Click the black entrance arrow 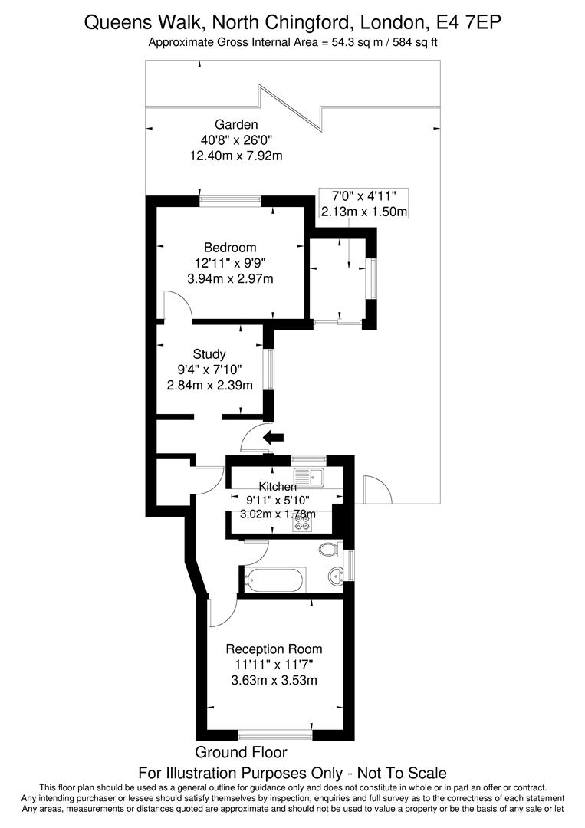(x=273, y=438)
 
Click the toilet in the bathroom (x=328, y=549)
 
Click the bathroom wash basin (x=334, y=575)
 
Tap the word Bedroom (x=230, y=248)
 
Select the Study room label (x=209, y=354)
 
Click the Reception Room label (x=274, y=649)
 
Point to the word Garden (x=236, y=124)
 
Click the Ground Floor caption (x=241, y=752)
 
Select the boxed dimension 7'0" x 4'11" (x=364, y=196)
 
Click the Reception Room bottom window (x=275, y=734)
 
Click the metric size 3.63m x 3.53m (x=274, y=680)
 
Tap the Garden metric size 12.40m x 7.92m (x=236, y=155)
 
